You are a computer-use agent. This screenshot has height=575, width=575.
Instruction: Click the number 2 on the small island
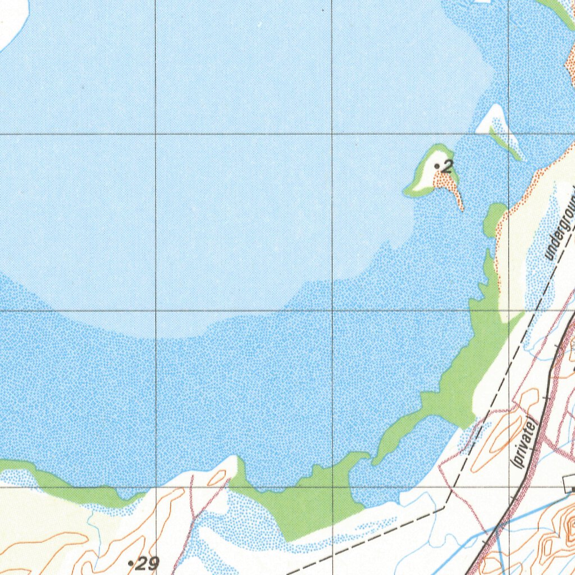coord(448,166)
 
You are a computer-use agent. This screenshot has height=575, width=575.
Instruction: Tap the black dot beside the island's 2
coord(437,166)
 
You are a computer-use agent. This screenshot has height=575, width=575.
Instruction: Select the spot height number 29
coord(147,563)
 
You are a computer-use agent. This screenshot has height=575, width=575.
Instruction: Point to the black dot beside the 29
coord(130,562)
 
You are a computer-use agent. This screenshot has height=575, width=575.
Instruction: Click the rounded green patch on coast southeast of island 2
coord(494,216)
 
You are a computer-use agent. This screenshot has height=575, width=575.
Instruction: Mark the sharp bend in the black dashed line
coord(446,506)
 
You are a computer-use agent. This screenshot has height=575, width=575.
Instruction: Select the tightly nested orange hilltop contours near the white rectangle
coord(568,528)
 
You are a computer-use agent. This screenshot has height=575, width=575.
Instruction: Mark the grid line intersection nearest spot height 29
coord(156,487)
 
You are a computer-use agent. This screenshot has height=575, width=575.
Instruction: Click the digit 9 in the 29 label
coord(153,563)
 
